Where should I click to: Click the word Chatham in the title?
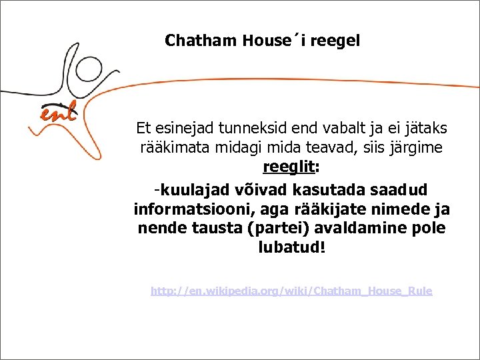point(201,41)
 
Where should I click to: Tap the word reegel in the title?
point(335,41)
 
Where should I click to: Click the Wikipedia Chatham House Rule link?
point(291,291)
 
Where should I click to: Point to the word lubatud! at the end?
point(292,247)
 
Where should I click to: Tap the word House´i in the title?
point(267,41)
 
